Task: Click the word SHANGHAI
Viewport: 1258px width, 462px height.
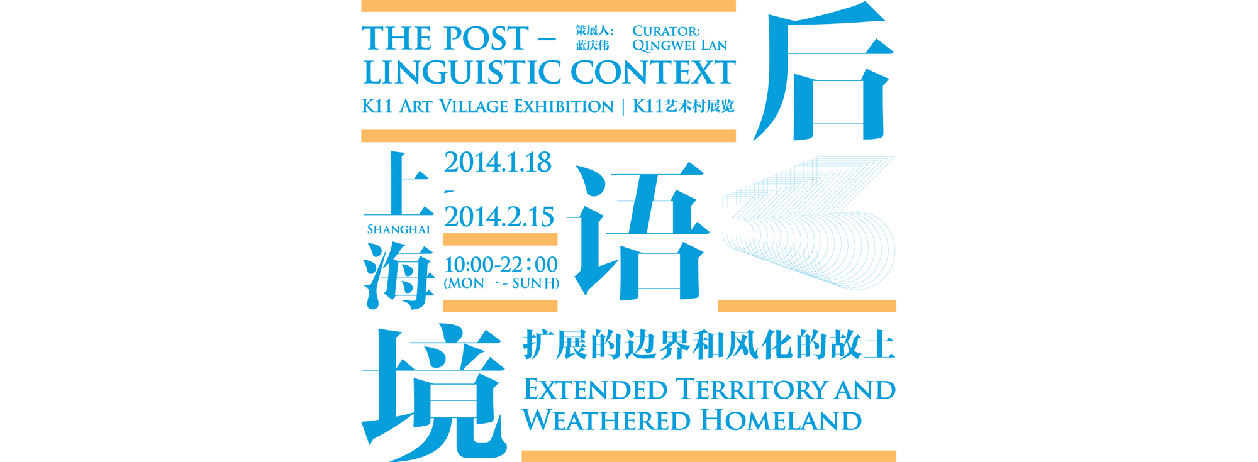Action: tap(399, 229)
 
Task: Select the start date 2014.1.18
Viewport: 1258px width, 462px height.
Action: tap(498, 163)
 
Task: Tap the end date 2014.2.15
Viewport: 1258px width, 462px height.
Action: tap(499, 217)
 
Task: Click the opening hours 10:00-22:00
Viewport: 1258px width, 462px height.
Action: tap(501, 265)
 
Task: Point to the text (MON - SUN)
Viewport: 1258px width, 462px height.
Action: tap(501, 283)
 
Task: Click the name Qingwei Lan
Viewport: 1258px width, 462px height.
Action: tap(679, 45)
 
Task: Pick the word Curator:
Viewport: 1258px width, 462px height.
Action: tap(665, 31)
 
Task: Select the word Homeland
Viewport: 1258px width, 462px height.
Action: tap(780, 420)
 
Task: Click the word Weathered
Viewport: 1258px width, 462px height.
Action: tap(606, 420)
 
